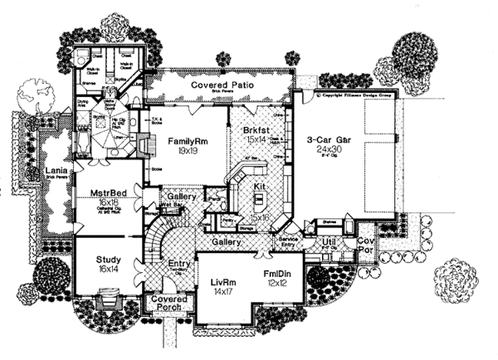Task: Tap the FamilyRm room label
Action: tap(188, 142)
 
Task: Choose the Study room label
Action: tap(108, 259)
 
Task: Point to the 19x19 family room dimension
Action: tap(188, 152)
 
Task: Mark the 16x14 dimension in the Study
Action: tap(108, 269)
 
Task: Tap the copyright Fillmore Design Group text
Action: tap(358, 96)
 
